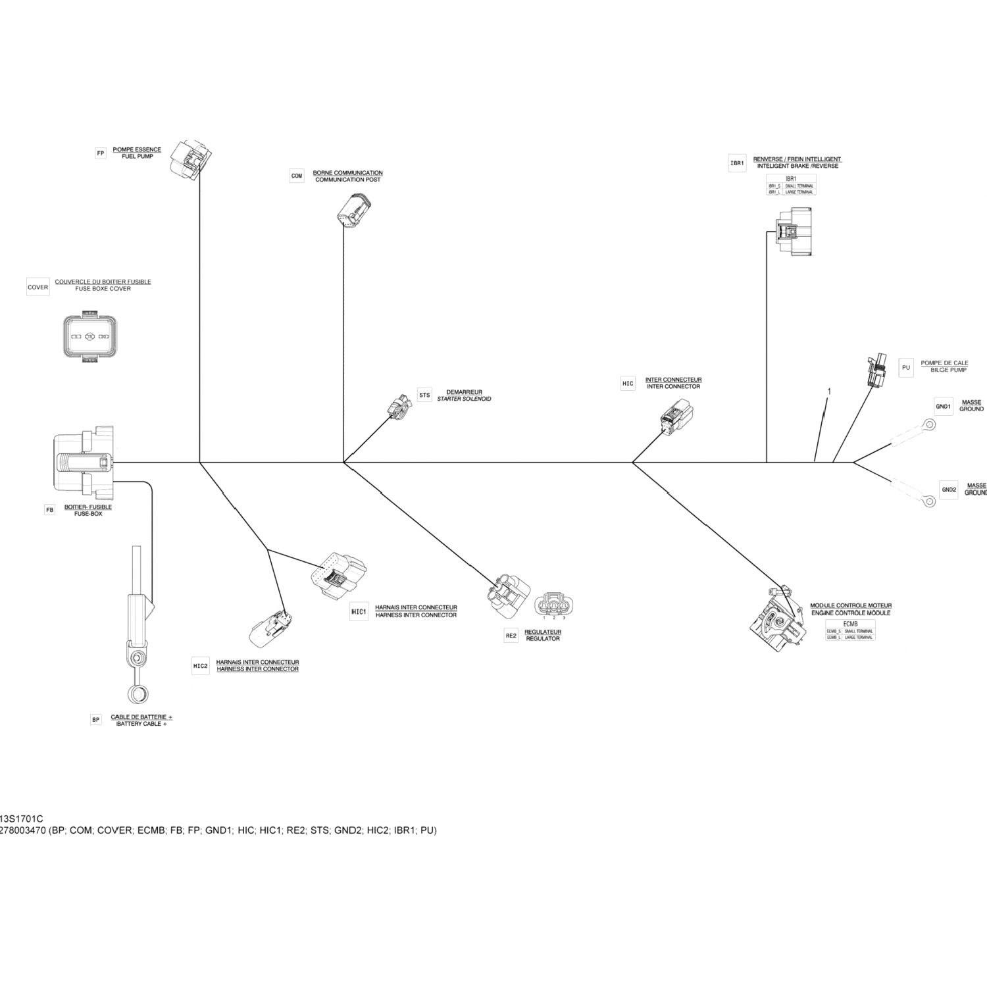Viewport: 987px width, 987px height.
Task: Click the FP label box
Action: (101, 154)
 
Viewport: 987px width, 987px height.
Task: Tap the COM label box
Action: (297, 176)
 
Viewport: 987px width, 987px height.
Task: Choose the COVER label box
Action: (38, 288)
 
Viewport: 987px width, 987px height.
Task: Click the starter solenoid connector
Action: (399, 407)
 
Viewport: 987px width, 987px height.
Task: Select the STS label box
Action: (424, 395)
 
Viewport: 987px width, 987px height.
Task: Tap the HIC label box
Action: (628, 384)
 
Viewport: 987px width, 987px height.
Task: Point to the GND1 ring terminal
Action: (928, 426)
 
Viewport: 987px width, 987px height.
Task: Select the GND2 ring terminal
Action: (928, 501)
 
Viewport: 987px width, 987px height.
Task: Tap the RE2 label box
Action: (511, 636)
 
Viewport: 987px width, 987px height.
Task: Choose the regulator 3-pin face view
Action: (553, 605)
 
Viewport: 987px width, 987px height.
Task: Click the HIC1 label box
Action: (359, 612)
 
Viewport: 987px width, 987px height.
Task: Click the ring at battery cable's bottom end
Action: (137, 694)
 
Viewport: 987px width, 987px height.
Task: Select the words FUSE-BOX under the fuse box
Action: (88, 514)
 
